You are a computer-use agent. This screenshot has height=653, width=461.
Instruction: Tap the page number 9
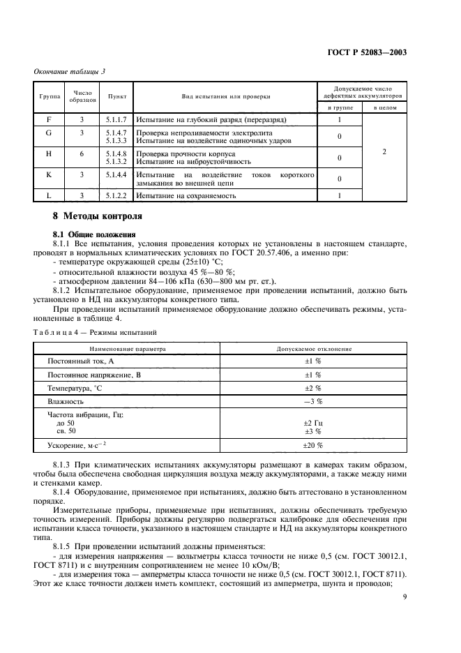(405, 596)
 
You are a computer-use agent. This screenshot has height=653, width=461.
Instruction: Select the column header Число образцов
(84, 96)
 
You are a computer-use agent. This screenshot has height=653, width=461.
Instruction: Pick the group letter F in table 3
(49, 119)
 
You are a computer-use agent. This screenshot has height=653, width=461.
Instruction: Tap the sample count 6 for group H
(84, 157)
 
